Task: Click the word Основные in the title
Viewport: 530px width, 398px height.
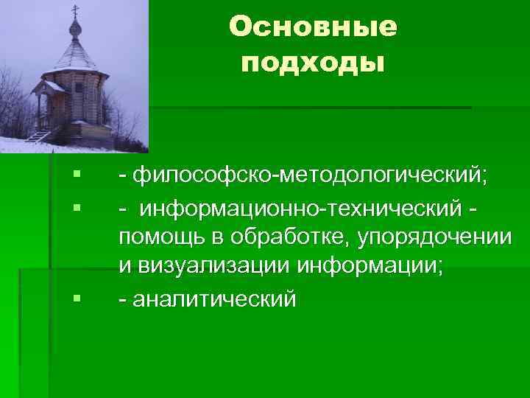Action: pos(313,27)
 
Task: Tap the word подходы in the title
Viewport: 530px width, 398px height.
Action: pos(313,63)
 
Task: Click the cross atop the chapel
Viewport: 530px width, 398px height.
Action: pos(74,10)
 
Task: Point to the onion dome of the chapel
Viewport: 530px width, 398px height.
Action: pos(74,29)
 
